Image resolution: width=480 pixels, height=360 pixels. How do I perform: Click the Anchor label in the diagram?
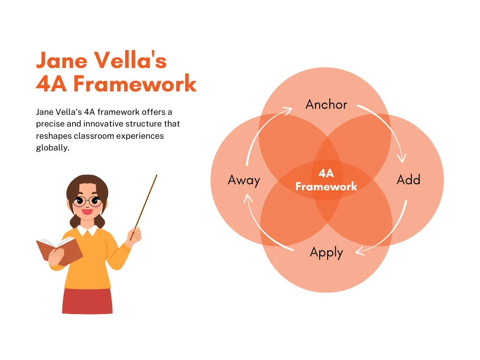click(326, 105)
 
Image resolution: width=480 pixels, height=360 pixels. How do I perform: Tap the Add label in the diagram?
click(408, 180)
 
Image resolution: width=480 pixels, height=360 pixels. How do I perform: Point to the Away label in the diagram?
click(244, 180)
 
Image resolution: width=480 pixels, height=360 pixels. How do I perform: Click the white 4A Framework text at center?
click(326, 180)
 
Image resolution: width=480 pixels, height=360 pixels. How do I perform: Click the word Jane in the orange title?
click(62, 60)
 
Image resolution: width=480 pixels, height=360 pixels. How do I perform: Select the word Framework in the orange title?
click(135, 83)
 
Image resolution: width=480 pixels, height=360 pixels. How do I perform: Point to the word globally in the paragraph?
click(52, 148)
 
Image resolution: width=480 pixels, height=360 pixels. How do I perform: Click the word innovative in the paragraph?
click(103, 124)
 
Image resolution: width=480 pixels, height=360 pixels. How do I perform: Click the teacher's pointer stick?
click(144, 207)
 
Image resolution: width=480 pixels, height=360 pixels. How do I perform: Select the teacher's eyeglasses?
click(88, 202)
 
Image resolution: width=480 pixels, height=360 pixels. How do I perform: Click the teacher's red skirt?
click(88, 301)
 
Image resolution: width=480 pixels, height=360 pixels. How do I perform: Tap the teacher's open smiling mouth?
click(87, 211)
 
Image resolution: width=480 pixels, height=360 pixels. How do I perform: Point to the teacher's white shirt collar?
click(88, 230)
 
